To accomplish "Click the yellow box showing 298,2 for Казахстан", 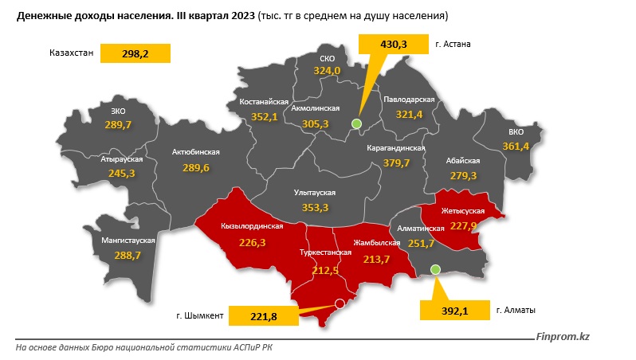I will [x=136, y=54].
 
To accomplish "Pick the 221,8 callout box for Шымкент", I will [x=262, y=317].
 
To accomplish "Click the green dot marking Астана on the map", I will [x=356, y=123].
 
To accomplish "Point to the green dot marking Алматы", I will [x=435, y=270].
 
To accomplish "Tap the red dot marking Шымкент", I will [x=340, y=303].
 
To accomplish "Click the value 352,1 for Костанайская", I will [x=264, y=117].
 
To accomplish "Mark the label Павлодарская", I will [x=408, y=100].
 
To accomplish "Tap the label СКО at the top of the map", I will [x=327, y=59].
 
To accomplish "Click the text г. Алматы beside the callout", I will [x=516, y=310].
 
